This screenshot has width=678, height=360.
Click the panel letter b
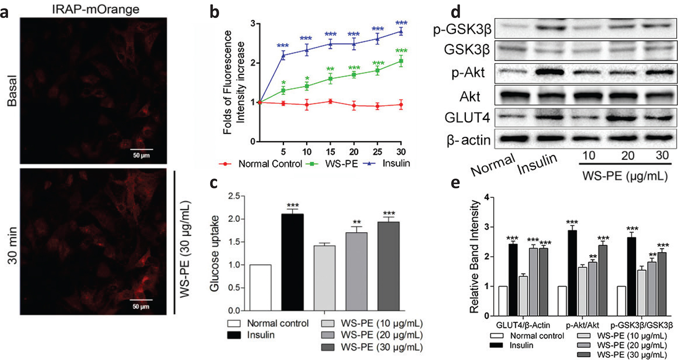click(215, 12)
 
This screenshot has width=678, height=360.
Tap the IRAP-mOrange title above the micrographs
click(96, 9)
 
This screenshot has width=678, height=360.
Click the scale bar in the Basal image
click(142, 149)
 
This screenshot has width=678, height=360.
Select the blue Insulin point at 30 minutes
click(401, 31)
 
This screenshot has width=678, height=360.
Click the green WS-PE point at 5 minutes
click(283, 91)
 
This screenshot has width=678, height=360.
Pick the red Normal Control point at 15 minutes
click(330, 101)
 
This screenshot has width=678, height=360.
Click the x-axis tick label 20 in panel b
click(354, 152)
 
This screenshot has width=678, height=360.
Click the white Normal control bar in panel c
click(260, 287)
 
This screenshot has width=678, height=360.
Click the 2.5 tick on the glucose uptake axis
click(234, 196)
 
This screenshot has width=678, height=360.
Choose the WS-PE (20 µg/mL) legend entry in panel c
click(381, 335)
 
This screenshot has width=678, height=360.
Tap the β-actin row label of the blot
click(468, 140)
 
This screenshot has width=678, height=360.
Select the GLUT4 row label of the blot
click(467, 118)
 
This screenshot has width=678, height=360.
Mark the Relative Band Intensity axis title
click(474, 256)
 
